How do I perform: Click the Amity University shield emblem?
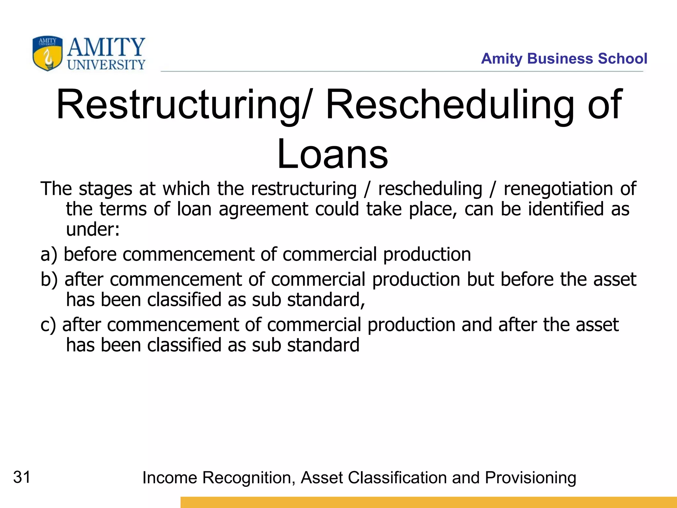(x=47, y=53)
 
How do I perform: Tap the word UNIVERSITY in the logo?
(x=106, y=65)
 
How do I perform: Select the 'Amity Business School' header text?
(x=564, y=59)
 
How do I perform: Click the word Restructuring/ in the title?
(x=184, y=105)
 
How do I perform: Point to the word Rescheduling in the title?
(x=450, y=105)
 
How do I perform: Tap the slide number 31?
(x=22, y=477)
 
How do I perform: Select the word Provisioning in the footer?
(x=531, y=478)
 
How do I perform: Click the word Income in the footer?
(x=170, y=478)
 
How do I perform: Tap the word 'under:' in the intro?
(x=93, y=230)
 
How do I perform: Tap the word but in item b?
(x=480, y=279)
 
